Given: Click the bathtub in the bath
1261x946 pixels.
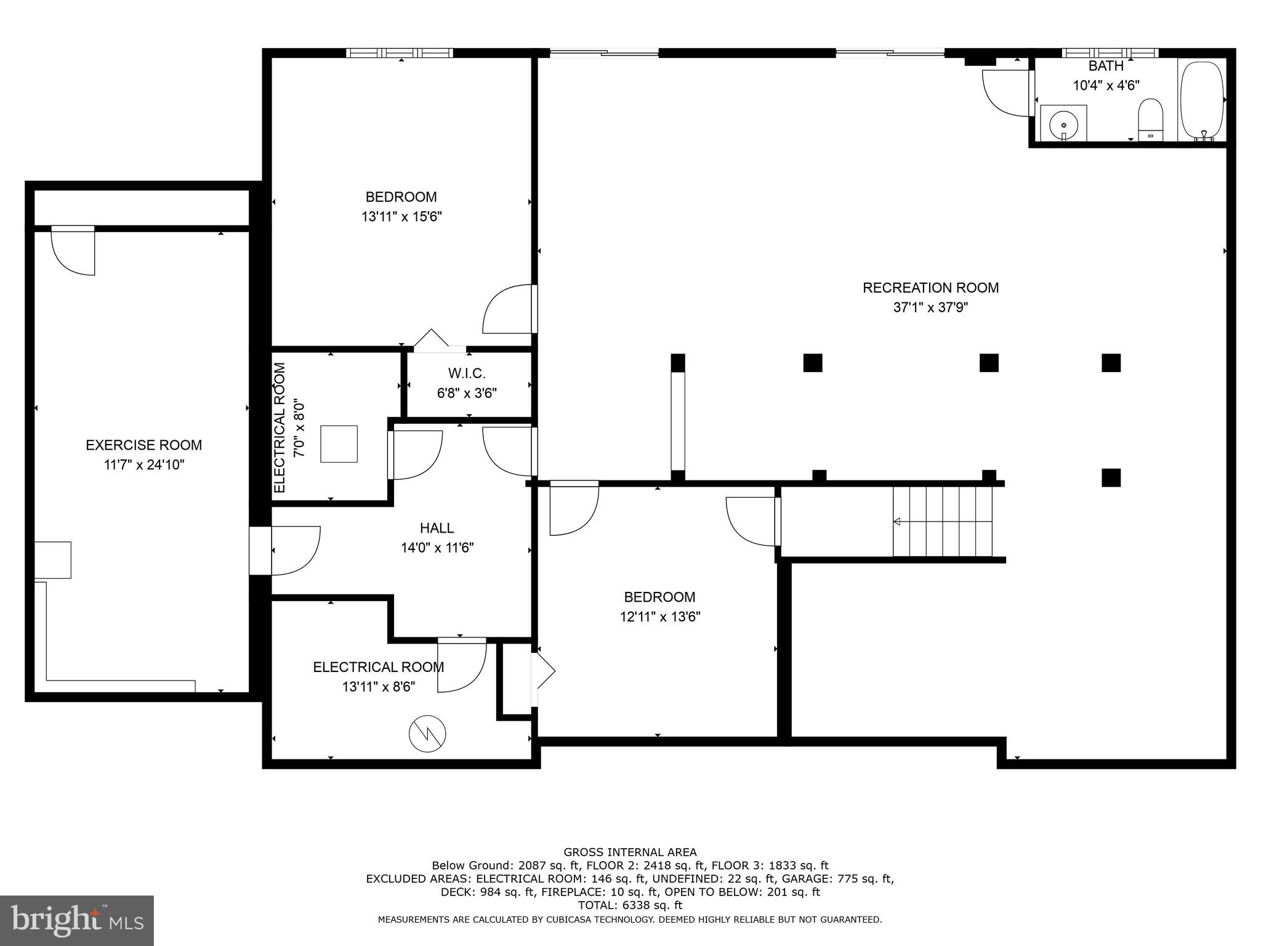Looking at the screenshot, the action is point(1201,100).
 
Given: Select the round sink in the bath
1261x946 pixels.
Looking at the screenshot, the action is point(1063,124).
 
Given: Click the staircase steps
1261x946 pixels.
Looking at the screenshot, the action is point(943,521).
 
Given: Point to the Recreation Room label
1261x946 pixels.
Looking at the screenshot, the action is point(930,288).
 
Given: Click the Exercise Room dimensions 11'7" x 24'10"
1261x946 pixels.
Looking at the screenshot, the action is point(144,464).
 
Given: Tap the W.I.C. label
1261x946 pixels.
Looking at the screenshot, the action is point(467,373).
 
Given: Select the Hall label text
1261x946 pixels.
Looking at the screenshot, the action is point(437,528).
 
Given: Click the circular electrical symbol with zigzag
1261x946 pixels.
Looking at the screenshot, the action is point(427,733).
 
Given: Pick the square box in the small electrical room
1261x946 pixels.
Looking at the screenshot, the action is point(339,443).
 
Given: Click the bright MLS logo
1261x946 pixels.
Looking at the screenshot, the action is point(77,921).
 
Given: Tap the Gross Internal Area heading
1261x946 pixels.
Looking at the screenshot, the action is point(630,852).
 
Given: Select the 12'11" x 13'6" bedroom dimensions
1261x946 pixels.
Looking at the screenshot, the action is point(660,617).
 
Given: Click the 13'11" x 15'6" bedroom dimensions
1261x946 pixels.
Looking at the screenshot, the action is point(401,217).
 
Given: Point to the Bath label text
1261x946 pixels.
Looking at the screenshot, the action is point(1106,66).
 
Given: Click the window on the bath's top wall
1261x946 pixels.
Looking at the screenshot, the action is point(1111,53).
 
